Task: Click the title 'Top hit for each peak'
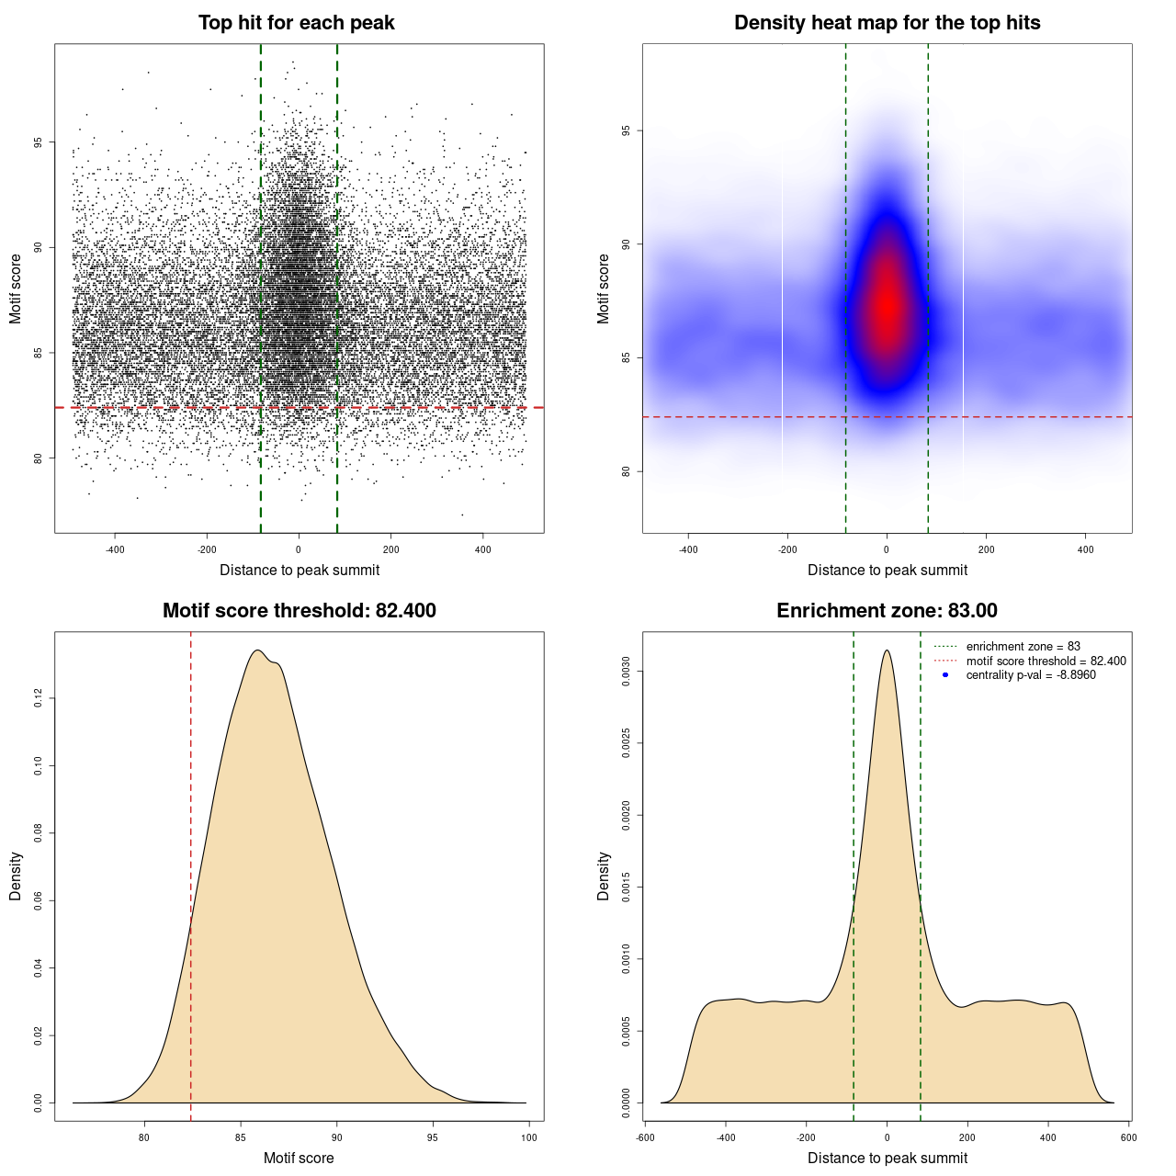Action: click(x=297, y=23)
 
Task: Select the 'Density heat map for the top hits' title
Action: click(x=887, y=23)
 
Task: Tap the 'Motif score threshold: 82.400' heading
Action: click(x=299, y=611)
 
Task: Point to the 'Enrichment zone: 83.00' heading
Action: click(x=887, y=611)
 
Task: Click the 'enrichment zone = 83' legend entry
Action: click(x=1023, y=647)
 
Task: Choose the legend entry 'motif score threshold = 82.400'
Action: click(x=1046, y=661)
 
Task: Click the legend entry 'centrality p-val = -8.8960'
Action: click(x=1031, y=675)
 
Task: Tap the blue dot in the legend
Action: click(x=945, y=675)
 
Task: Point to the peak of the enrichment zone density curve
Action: click(x=887, y=650)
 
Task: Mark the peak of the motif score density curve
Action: click(x=258, y=650)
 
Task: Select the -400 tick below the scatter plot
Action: click(x=115, y=549)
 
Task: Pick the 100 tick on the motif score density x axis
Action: click(x=529, y=1137)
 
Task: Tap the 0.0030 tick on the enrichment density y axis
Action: click(x=626, y=672)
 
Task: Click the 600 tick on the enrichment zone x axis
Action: click(x=1129, y=1137)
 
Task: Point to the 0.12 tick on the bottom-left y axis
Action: click(x=38, y=699)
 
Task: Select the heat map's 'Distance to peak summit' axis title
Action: click(x=887, y=570)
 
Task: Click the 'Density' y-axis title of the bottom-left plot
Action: click(x=16, y=876)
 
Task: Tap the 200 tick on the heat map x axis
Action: click(x=986, y=549)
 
